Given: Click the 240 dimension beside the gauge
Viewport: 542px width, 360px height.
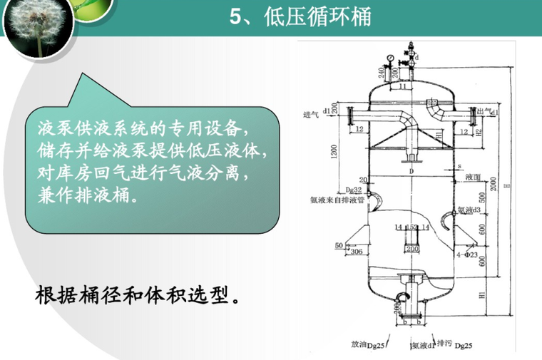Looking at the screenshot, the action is tap(384, 71).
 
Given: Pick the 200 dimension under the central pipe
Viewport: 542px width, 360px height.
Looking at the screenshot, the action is tap(411, 250).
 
